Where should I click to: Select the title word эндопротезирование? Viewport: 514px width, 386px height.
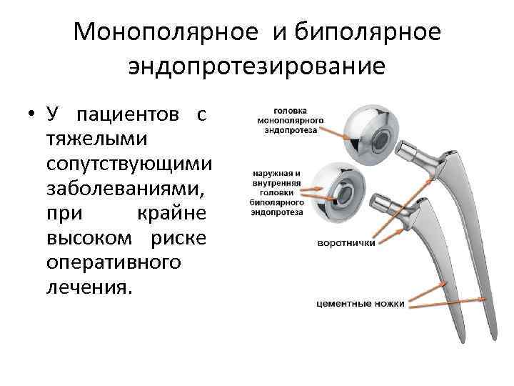[257, 66]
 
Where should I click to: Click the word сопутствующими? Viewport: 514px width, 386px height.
[128, 164]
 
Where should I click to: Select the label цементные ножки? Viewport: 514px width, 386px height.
[360, 304]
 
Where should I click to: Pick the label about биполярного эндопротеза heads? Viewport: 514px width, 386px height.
[277, 192]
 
